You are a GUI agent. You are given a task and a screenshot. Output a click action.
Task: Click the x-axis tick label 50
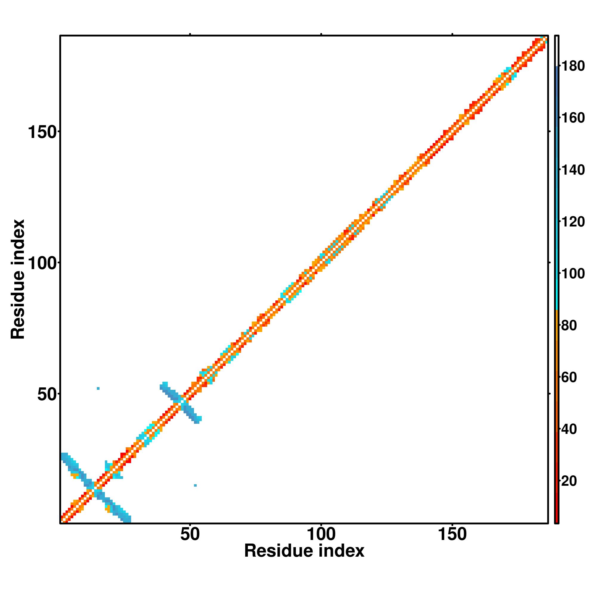click(x=190, y=535)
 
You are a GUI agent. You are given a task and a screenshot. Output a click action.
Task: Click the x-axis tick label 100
click(x=321, y=535)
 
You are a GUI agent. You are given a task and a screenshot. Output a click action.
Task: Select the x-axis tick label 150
click(x=452, y=535)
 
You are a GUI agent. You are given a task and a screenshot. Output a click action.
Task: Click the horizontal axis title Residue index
click(x=304, y=551)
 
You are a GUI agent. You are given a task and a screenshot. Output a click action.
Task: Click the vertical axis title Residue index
click(x=18, y=279)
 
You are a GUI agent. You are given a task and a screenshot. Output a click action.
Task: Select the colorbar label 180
click(x=573, y=66)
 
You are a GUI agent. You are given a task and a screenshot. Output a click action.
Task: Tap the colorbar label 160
click(x=573, y=118)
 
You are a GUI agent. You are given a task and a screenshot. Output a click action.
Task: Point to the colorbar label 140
click(x=573, y=170)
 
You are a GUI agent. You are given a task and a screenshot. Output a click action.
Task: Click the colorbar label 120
click(x=573, y=222)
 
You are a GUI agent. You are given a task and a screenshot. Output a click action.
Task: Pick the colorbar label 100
click(x=573, y=274)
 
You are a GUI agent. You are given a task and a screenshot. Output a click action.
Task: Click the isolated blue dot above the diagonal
click(x=98, y=388)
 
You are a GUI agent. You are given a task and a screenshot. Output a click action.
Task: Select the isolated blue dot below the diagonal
click(x=195, y=485)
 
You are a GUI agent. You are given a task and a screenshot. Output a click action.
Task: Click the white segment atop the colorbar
click(x=557, y=51)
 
